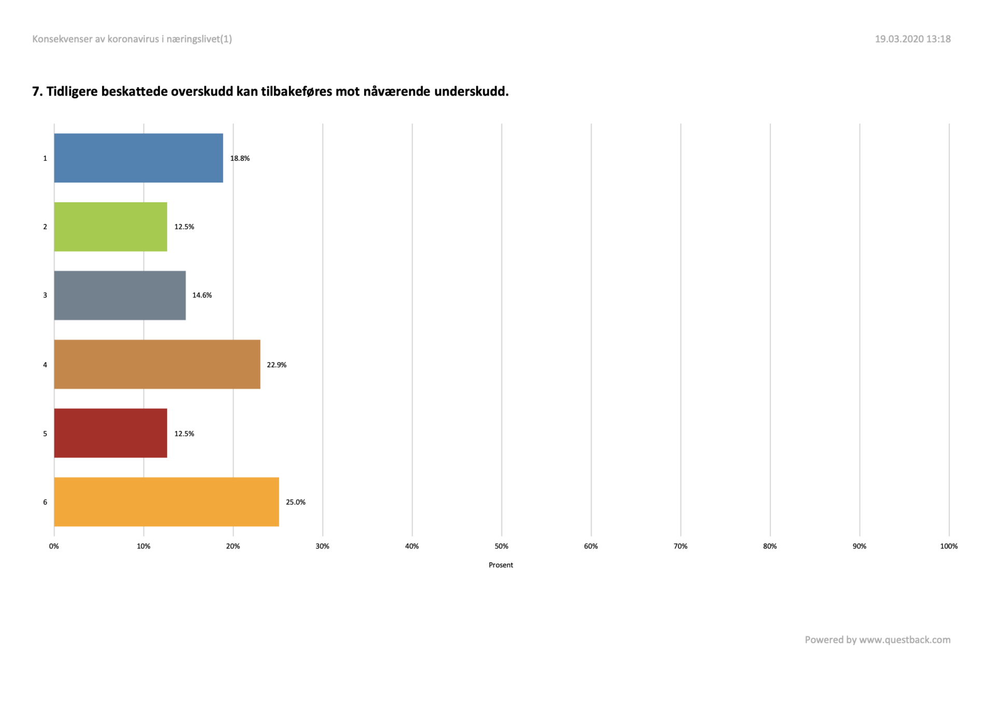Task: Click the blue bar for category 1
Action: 139,158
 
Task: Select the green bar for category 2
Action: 110,227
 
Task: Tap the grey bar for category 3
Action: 120,295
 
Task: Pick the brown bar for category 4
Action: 157,364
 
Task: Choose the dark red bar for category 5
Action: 110,433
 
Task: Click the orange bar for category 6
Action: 167,502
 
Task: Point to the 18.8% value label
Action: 240,158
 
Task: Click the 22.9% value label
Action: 276,365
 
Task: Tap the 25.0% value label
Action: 296,502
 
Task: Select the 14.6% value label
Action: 202,295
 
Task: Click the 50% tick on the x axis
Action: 501,546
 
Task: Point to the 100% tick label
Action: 949,546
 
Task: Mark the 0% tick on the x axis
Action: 54,546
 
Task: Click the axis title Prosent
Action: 501,565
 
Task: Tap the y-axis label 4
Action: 45,365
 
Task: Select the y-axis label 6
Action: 45,502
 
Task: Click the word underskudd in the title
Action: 471,91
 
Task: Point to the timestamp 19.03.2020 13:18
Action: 912,39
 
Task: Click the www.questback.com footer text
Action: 905,640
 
